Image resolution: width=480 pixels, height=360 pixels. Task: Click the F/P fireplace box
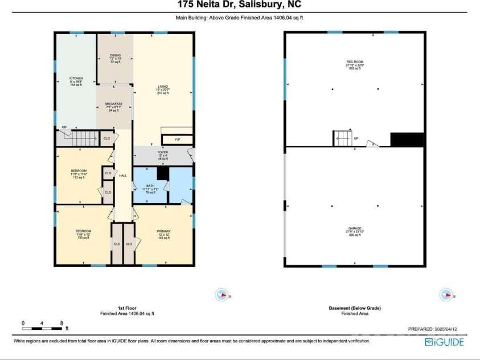tap(177, 138)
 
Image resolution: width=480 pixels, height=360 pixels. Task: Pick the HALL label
tap(122, 175)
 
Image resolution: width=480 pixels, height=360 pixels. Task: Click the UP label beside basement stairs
tap(356, 138)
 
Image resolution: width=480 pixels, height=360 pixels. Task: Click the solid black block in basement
tap(407, 140)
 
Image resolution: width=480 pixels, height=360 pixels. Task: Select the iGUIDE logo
tap(445, 342)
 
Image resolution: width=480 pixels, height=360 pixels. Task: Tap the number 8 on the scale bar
tap(61, 323)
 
